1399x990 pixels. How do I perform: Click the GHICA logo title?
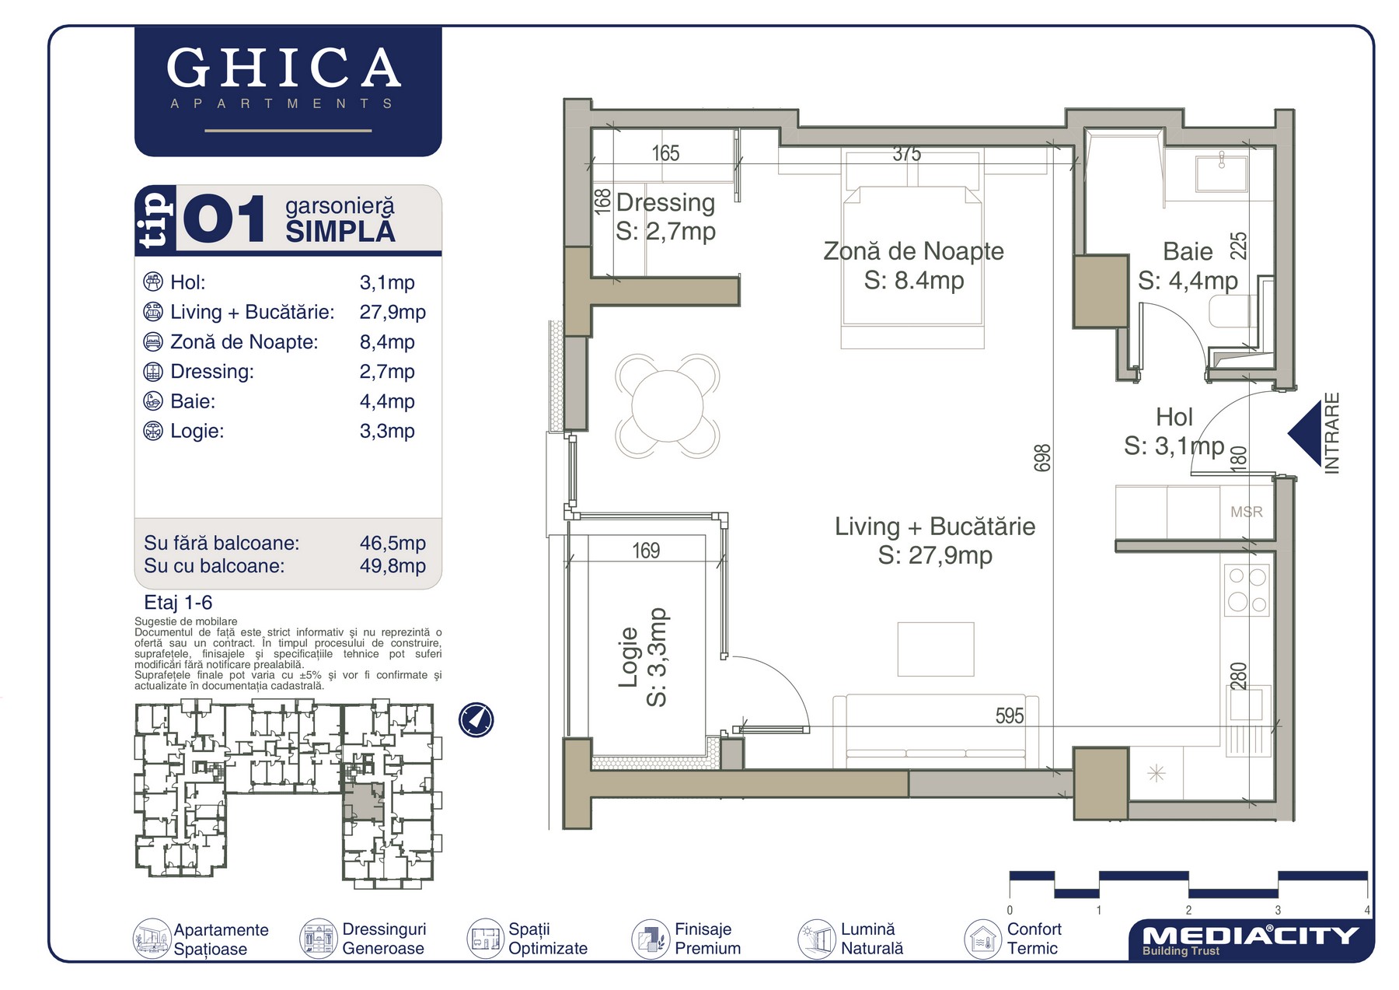tap(284, 68)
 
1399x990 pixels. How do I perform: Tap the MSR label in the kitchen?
tap(1247, 512)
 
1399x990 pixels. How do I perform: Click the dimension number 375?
tap(907, 154)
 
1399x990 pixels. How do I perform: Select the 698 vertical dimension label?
tap(1042, 458)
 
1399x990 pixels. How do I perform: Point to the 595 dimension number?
tap(1010, 715)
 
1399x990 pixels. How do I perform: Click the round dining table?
tap(667, 406)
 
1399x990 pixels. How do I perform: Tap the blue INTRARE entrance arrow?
tap(1305, 434)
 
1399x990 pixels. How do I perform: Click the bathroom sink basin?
tap(1222, 173)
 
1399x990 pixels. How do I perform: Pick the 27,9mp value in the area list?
tap(392, 313)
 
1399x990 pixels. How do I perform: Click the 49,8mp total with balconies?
tap(392, 566)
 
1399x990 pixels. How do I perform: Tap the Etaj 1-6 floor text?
tap(178, 603)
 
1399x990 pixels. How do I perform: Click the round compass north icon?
tap(476, 719)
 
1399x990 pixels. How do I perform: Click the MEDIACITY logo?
tap(1249, 939)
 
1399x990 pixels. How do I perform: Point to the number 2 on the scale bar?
tap(1188, 910)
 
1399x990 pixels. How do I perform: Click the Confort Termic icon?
tap(982, 939)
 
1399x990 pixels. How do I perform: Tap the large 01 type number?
tap(225, 220)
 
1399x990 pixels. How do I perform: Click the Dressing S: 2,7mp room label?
tap(666, 217)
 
